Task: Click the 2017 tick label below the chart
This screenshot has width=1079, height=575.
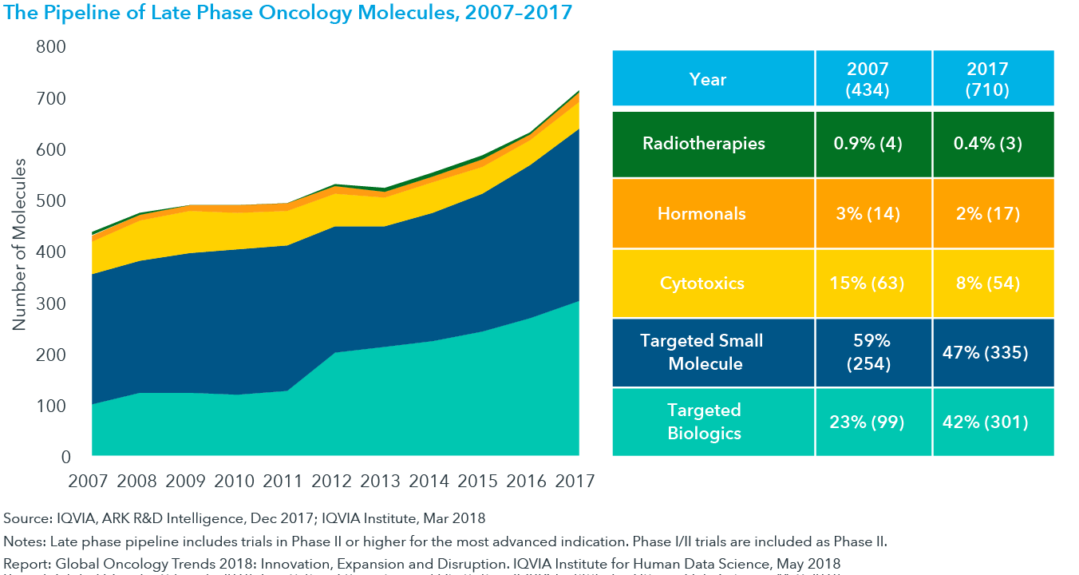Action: point(576,481)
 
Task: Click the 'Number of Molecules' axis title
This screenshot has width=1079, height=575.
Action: point(19,244)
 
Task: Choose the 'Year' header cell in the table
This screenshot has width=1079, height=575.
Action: point(708,79)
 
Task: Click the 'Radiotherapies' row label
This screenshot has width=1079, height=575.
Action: point(703,144)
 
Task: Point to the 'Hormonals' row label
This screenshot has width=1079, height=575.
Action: point(702,213)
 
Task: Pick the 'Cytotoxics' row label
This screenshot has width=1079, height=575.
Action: point(702,284)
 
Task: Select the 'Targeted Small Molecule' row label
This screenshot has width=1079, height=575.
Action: point(702,352)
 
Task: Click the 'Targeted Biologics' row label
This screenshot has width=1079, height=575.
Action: point(704,422)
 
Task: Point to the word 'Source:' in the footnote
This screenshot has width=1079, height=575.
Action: point(27,519)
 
